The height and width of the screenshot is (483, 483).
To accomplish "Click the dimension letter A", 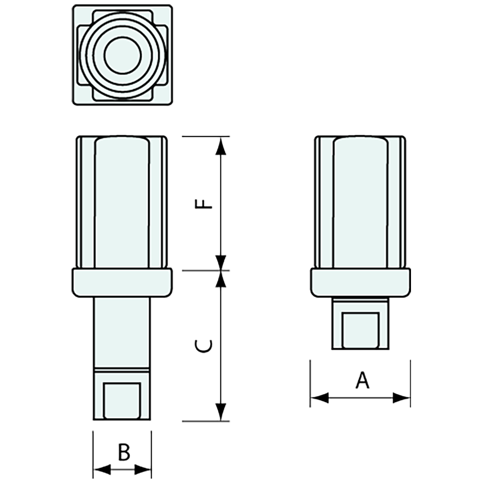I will [362, 380].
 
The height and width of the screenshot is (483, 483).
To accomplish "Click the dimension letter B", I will [124, 452].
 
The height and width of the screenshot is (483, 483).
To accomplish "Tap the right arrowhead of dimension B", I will [143, 470].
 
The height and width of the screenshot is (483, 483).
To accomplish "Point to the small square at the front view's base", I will [122, 399].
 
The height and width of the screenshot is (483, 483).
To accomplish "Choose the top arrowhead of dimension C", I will [222, 279].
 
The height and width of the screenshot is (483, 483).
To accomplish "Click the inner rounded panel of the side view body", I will [360, 202].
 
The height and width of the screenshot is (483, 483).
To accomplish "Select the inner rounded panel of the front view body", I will [122, 202].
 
